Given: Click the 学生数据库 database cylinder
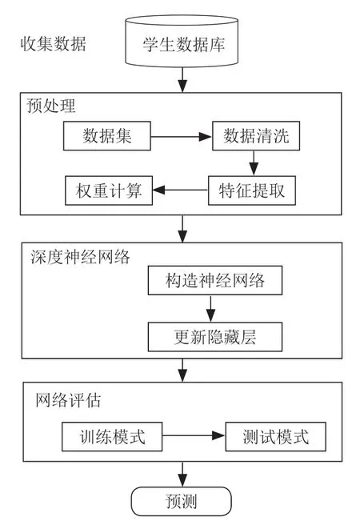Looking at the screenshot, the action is (x=182, y=41).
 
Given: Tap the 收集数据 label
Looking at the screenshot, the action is (x=54, y=44).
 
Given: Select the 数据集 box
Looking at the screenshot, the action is (x=107, y=136).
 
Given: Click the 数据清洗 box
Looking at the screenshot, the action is (x=256, y=136).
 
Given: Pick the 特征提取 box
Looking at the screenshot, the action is (x=252, y=190).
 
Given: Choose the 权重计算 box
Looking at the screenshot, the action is (x=109, y=190).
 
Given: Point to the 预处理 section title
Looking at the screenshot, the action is (x=51, y=106).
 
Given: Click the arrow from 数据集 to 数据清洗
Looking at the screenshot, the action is (x=182, y=136).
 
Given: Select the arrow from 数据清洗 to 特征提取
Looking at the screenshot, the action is (x=254, y=163).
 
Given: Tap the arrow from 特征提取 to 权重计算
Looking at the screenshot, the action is (x=180, y=190).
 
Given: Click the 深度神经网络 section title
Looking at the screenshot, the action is (x=80, y=257).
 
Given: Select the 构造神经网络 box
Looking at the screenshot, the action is (x=215, y=281).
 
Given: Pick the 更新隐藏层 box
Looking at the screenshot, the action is (x=215, y=337).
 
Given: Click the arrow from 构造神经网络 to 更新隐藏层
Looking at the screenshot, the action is (x=210, y=309).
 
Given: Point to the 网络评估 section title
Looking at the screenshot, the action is (x=68, y=400).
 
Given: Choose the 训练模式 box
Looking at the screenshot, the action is (x=112, y=437).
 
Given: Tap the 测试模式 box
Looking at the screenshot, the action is (x=276, y=437).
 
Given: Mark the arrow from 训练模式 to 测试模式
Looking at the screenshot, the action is (x=194, y=435).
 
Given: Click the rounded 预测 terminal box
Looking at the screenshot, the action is (x=182, y=501).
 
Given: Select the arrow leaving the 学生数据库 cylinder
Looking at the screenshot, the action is (x=182, y=80).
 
